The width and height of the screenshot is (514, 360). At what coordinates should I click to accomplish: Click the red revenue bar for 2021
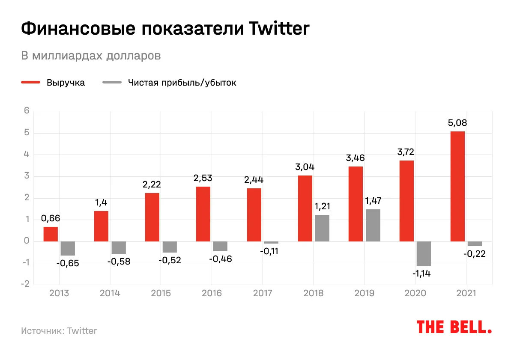(457, 186)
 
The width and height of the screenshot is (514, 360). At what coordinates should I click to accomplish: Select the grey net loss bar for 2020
(424, 253)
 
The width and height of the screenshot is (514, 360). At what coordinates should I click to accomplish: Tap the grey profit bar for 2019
(373, 225)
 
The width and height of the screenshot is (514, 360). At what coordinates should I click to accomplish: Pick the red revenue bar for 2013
(51, 234)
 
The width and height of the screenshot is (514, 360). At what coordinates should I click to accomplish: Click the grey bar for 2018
(322, 228)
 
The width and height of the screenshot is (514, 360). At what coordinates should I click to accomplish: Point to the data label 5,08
(457, 123)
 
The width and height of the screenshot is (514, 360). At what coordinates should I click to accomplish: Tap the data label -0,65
(68, 263)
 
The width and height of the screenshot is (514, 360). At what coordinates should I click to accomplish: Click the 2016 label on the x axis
(212, 293)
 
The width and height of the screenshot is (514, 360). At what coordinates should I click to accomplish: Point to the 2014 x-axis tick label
(110, 293)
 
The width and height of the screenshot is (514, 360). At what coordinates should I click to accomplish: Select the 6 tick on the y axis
(27, 111)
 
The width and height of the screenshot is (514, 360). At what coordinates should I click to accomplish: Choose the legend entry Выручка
(66, 83)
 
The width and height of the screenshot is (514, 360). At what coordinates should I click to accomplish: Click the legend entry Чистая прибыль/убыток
(182, 83)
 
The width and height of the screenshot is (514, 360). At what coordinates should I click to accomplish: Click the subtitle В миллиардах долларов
(91, 56)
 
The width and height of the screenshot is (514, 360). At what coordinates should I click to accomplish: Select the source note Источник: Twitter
(59, 331)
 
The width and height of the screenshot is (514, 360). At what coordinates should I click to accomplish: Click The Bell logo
(454, 327)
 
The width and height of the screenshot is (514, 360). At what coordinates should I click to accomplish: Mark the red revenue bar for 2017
(254, 214)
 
